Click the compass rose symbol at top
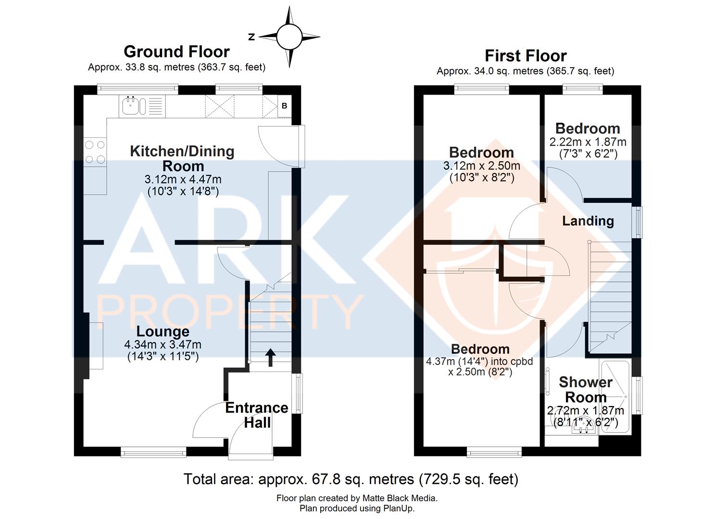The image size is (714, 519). pos(288,37)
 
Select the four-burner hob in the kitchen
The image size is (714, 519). pos(94,152)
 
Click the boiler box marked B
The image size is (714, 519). pos(284,106)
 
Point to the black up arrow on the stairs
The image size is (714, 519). pos(270,357)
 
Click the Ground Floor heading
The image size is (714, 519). pos(176,51)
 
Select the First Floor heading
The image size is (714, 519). pos(525,56)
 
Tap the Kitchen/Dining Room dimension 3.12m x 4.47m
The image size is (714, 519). pos(183,179)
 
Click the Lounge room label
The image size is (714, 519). pos(163,332)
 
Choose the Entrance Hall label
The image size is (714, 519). pos(256,415)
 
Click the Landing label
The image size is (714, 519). pos(588,221)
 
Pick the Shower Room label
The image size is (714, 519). pos(585,390)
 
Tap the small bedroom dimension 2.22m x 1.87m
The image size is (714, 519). pos(588,142)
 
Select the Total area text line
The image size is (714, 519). pos(351,479)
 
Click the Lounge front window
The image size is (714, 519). pos(153,452)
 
